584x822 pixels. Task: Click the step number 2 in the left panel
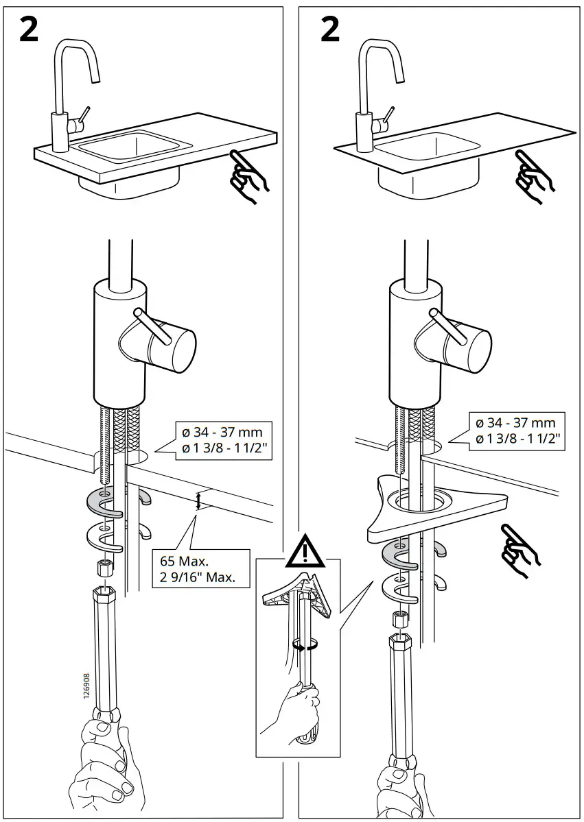[x=28, y=29]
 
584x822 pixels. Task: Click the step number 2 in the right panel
[x=330, y=29]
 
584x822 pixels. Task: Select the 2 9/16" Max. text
[x=198, y=577]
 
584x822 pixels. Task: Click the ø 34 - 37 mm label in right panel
[x=515, y=423]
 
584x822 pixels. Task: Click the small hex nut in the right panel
[x=398, y=618]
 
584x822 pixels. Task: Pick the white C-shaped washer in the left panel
[x=105, y=537]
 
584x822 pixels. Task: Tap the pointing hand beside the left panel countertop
[x=249, y=176]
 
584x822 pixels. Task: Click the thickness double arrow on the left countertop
[x=199, y=502]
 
